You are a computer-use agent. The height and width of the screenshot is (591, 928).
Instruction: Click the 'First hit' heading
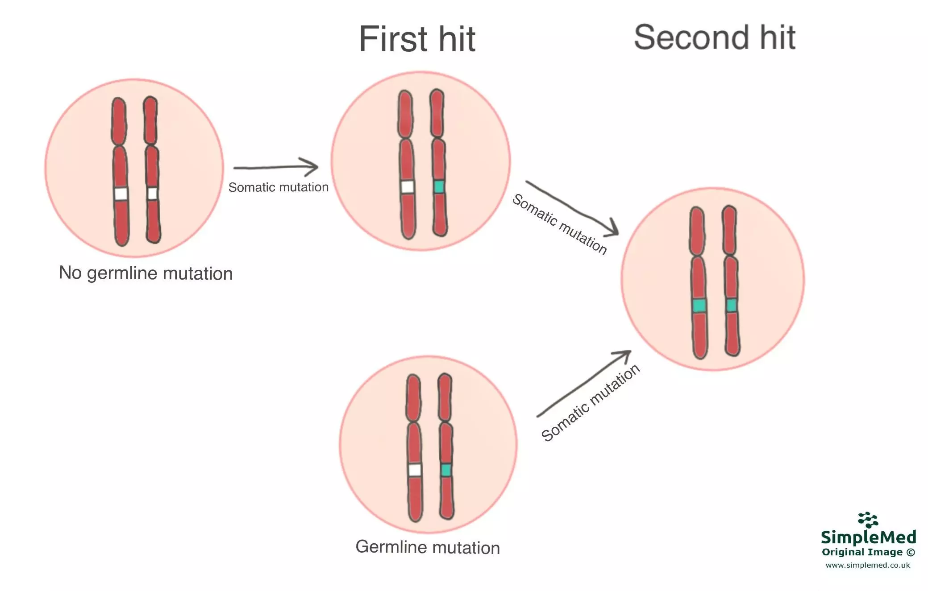[417, 39]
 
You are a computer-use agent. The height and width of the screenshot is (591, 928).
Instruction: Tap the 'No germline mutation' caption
[146, 273]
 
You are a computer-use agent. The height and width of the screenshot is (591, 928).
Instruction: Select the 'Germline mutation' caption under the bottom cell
[427, 547]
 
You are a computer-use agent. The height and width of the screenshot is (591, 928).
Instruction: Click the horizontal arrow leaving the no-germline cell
[275, 167]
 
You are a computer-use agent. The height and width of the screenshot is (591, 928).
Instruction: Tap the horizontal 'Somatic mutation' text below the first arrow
[278, 187]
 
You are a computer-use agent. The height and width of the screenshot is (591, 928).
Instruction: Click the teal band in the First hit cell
[439, 186]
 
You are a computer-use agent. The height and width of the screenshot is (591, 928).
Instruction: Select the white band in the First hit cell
[407, 186]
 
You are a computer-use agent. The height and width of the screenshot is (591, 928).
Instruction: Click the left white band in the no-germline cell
[121, 194]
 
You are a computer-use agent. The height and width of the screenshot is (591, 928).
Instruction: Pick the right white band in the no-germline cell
[152, 194]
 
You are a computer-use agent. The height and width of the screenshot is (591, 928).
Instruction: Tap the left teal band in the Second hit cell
[699, 306]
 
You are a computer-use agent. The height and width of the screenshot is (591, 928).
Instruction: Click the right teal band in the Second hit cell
[731, 305]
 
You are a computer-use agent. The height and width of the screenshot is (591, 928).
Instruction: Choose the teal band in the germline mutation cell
[445, 470]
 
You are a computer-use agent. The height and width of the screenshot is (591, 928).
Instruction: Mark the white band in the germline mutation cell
[415, 470]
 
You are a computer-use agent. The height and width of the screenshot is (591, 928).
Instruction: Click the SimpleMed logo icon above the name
[868, 520]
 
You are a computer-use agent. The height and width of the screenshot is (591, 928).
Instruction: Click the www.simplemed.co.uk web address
[867, 565]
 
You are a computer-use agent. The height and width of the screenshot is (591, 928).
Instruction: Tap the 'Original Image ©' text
[868, 552]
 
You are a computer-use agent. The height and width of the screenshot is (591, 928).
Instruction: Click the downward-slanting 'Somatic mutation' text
[559, 224]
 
